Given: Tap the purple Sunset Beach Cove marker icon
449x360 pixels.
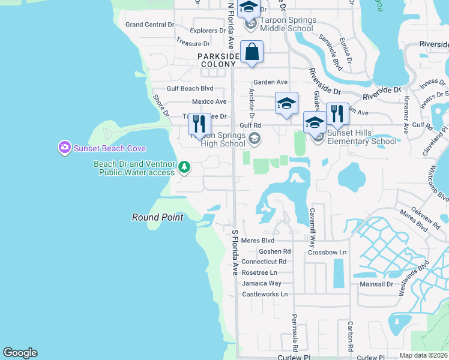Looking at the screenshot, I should point(64,148).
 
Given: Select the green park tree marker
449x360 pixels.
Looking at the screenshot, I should point(185,167).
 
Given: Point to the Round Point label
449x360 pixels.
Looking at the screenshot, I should point(157,217).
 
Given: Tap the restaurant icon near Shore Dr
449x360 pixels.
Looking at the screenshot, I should point(199,124).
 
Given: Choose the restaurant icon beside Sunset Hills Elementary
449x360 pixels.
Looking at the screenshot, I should point(337,114).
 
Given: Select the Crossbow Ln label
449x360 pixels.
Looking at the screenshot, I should point(327,253).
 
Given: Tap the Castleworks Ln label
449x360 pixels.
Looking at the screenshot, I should point(265,294).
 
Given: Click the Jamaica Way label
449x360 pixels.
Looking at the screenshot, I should point(262,283).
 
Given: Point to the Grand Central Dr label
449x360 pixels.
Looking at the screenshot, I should point(149,25).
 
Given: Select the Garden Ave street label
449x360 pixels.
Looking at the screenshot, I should point(270,82).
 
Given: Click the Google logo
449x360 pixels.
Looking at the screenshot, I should point(20,353).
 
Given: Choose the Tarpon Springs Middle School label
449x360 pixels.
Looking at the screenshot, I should point(289,25).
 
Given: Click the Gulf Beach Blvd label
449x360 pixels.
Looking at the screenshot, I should point(190,88).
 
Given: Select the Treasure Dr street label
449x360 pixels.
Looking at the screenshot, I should point(193,43).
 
